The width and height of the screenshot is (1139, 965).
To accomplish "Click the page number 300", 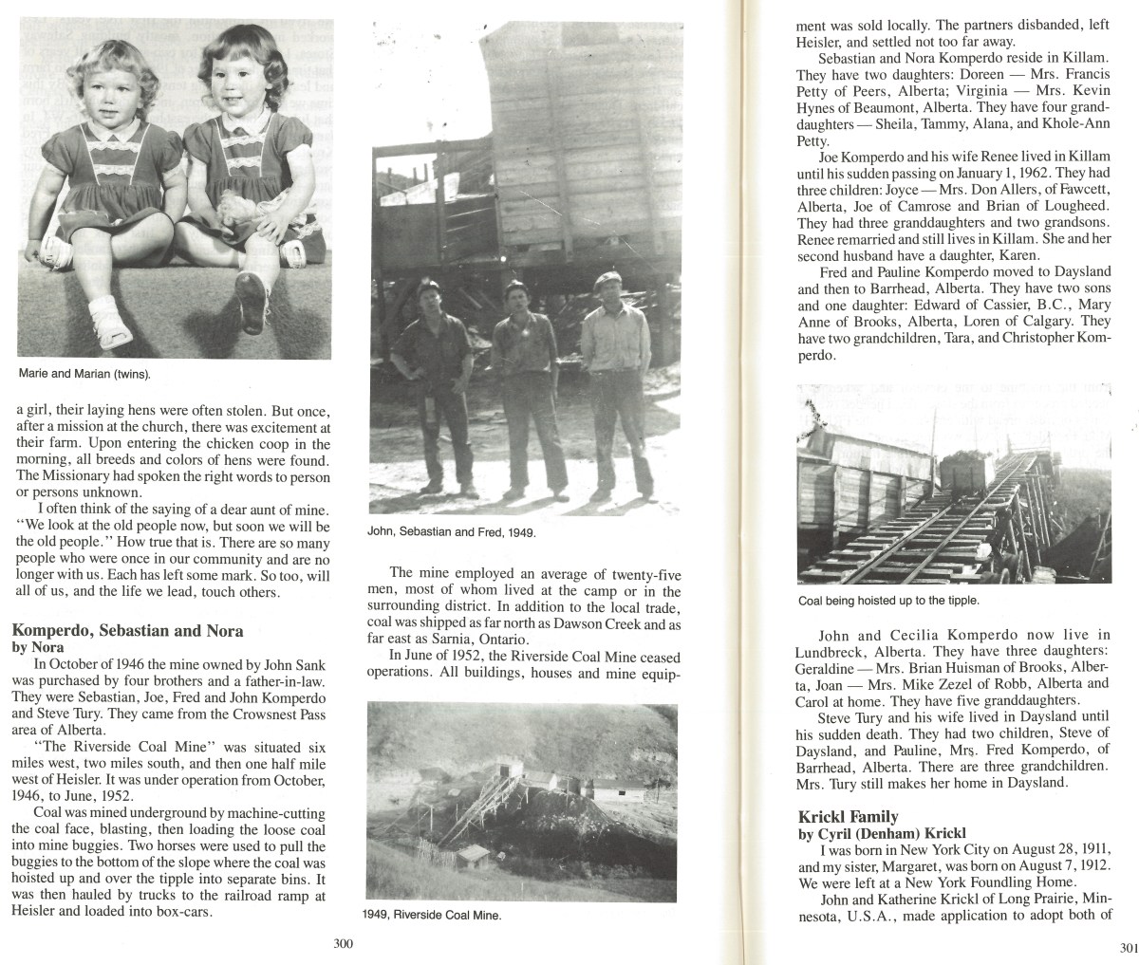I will (x=344, y=943).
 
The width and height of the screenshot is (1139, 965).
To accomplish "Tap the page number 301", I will (x=1128, y=947).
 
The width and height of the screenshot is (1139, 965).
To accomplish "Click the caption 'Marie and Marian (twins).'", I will (x=84, y=374).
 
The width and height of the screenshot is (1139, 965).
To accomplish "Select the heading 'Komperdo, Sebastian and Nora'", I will (x=126, y=630).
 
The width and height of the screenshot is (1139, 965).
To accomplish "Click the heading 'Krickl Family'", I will (x=848, y=817).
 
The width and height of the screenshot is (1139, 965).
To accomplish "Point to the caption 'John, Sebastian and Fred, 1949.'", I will (x=452, y=532).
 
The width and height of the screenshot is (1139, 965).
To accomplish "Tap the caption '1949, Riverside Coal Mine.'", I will (x=432, y=916).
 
